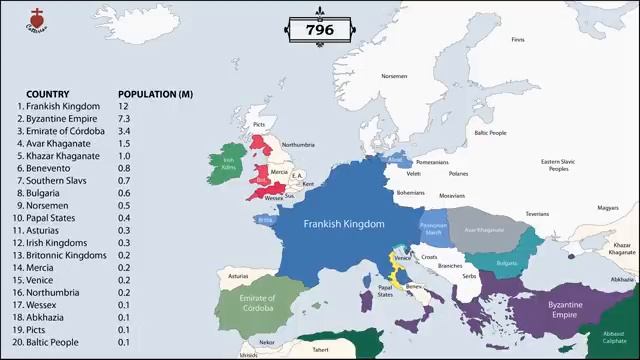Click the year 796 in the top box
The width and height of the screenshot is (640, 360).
(319, 30)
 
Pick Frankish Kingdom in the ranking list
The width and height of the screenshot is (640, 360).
(64, 106)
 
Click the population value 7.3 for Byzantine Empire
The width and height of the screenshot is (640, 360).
(124, 119)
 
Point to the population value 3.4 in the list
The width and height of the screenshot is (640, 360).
(124, 131)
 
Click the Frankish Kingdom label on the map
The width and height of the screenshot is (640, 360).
(343, 225)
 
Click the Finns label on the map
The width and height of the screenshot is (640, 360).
(517, 40)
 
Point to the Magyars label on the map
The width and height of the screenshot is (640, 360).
(608, 208)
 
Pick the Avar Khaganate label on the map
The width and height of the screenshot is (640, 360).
(484, 230)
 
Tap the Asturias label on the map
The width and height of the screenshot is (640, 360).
(238, 276)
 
